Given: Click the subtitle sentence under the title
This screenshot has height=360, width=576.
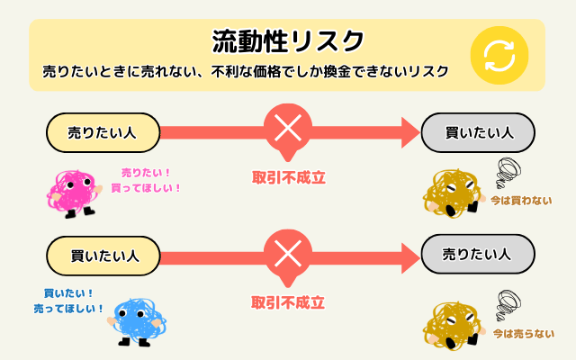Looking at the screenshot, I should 245,72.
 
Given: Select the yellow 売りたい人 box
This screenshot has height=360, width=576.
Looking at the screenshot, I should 102,132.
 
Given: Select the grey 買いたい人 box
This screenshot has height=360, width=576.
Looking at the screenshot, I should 478,132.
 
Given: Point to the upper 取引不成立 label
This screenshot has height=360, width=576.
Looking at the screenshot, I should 288,177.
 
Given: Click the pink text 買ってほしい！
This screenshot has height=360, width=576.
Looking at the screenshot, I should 146,188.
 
